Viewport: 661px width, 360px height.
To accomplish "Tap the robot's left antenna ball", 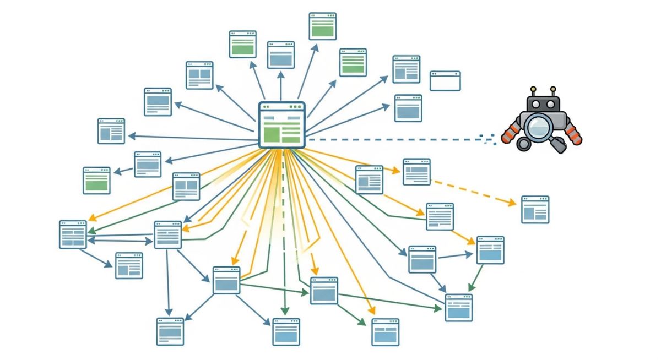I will (x=533, y=89).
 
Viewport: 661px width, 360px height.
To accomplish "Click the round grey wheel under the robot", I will (x=522, y=144).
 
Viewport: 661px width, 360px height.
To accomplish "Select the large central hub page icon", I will (x=281, y=125).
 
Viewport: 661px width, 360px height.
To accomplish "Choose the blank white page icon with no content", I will (x=445, y=81).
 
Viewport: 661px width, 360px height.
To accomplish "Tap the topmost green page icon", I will (x=323, y=26).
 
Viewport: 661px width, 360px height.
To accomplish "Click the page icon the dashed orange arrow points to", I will (x=535, y=209).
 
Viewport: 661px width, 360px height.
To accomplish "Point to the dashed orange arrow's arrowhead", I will (x=513, y=203).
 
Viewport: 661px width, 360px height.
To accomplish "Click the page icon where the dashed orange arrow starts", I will (x=416, y=172).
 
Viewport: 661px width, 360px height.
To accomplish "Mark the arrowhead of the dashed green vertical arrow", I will (x=284, y=311).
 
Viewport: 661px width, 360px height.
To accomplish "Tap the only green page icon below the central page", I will (x=96, y=181).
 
